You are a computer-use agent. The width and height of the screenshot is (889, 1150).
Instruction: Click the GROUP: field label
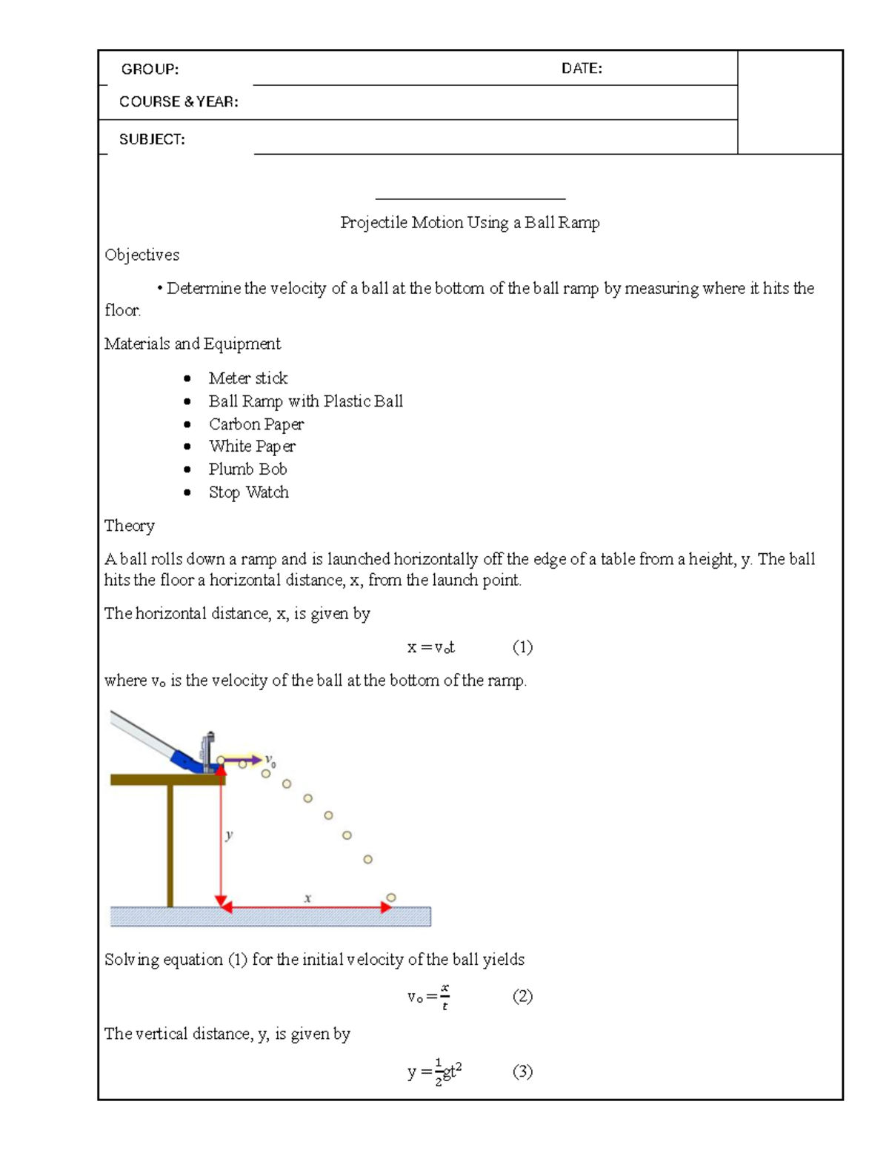point(150,69)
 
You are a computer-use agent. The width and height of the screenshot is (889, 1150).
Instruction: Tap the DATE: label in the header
point(582,68)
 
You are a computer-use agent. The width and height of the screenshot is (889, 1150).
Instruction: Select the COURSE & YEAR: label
point(179,101)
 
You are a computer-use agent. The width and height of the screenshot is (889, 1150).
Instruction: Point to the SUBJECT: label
point(152,139)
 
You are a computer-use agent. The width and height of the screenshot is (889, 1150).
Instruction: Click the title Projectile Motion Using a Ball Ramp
point(470,222)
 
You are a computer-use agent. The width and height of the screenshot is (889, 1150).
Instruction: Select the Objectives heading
point(141,255)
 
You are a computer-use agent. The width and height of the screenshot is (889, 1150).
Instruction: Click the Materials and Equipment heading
point(193,344)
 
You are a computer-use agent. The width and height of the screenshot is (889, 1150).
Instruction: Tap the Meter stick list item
point(247,378)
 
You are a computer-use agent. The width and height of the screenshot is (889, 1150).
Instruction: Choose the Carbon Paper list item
point(256,424)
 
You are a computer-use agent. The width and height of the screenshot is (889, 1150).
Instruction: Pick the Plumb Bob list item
point(247,469)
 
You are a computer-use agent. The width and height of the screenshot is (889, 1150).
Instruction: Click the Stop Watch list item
point(248,492)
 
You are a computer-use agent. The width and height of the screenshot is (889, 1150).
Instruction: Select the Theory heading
point(130,526)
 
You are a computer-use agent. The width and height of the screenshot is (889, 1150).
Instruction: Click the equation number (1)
point(522,647)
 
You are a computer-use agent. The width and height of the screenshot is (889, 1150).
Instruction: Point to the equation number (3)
point(522,1072)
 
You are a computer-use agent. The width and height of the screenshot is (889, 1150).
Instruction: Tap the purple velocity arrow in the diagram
point(243,760)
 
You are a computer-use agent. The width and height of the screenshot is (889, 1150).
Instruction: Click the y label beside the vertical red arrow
point(230,835)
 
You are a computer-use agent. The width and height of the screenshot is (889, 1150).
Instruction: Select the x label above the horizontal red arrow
point(307,898)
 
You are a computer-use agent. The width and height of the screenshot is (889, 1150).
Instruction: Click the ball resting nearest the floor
point(391,897)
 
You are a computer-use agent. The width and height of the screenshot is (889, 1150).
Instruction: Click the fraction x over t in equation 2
point(444,996)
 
